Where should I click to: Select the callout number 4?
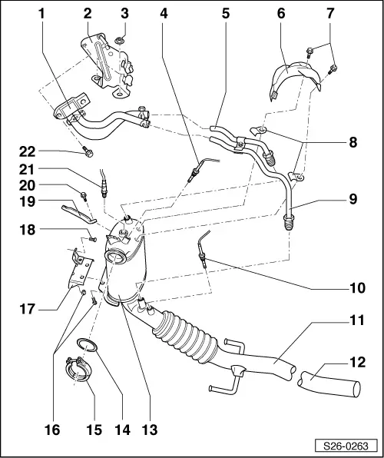coord(164,14)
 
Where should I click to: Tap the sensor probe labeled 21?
coord(101,184)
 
